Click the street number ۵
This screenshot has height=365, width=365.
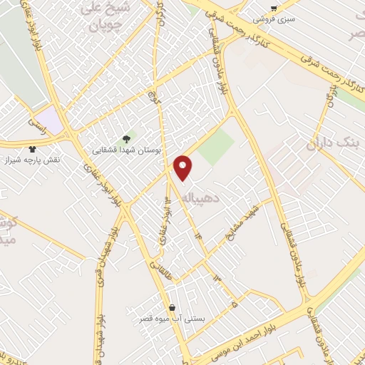[234, 305]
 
